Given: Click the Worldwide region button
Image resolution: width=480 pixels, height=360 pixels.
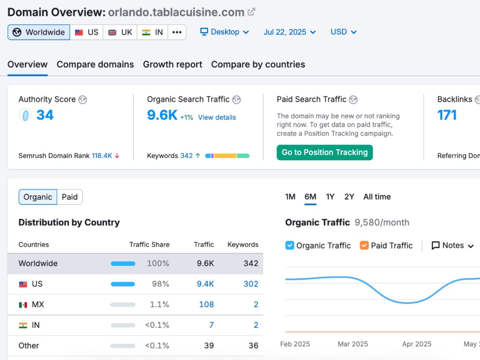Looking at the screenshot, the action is (39, 32).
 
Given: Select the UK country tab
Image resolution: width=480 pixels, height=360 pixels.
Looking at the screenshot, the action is (120, 32).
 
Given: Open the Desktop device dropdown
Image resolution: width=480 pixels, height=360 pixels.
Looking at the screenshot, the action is (224, 32).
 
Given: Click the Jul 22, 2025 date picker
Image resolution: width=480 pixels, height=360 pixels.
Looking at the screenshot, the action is (289, 32).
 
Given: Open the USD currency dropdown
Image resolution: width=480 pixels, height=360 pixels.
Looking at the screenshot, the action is (344, 32).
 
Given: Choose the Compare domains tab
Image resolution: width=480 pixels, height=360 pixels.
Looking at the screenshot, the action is (95, 64).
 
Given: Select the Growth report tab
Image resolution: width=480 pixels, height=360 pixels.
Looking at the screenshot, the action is (173, 64).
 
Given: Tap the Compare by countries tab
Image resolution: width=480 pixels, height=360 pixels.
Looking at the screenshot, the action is (258, 64).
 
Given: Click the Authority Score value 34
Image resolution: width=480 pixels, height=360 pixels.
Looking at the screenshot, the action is (45, 115).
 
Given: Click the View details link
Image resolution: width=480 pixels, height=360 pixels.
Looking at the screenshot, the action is (217, 117).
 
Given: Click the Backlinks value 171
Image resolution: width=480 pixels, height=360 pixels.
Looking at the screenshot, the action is (447, 115).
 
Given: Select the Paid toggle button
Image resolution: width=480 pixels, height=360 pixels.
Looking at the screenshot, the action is (70, 197).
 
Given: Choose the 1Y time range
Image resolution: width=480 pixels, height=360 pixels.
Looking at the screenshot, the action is (330, 196).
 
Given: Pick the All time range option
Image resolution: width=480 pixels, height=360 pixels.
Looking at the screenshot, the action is (377, 196).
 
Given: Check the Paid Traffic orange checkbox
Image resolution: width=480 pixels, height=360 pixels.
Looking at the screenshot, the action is (364, 245).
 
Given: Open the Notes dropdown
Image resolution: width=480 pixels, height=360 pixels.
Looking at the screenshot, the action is (453, 245).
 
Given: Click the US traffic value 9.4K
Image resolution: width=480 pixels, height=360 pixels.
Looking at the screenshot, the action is (205, 284).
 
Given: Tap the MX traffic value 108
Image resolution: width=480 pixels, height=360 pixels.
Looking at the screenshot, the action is (206, 304).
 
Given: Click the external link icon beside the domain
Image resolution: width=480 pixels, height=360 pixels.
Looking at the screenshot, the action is (252, 12).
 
